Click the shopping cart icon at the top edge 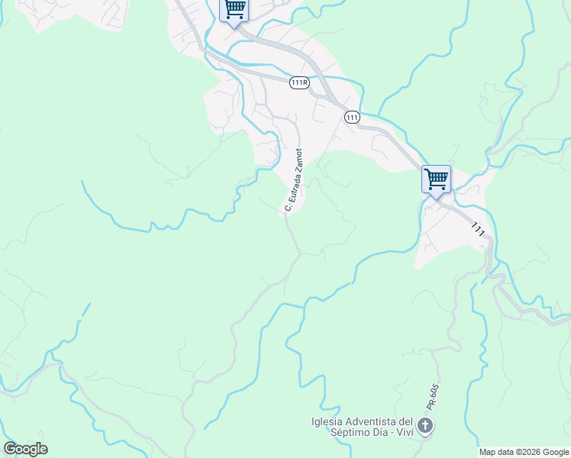[235, 9]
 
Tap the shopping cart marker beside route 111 [436, 179]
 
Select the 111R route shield [299, 82]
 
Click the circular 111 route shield [352, 117]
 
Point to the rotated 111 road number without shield [479, 228]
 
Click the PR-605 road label [432, 397]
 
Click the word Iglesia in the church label [326, 422]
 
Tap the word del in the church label [405, 422]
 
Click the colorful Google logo [25, 449]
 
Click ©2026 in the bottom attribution [531, 452]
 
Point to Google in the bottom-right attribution [556, 452]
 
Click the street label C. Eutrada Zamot [294, 180]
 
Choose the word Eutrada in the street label [292, 185]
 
